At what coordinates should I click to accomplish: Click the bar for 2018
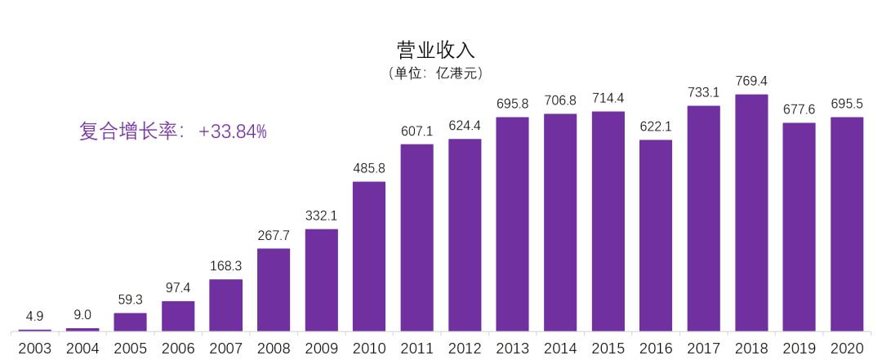point(751,212)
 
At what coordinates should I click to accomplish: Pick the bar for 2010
point(369,256)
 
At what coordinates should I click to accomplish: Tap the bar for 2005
point(130,322)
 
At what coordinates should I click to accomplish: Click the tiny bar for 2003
point(34,330)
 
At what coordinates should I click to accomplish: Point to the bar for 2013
point(512,224)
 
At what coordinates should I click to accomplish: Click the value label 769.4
point(751,81)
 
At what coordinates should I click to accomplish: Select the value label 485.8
point(369,168)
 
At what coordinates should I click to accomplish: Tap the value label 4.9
point(34,315)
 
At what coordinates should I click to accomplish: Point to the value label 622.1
point(656,127)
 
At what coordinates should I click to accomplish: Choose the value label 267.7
point(274,235)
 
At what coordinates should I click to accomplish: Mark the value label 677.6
point(799,109)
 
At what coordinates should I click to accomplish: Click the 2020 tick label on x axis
point(847,348)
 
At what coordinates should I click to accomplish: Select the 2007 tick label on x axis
point(225,348)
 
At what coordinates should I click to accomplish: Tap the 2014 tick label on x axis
point(560,348)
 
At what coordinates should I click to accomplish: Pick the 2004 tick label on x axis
point(82,348)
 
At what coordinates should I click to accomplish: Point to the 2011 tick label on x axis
point(416,348)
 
